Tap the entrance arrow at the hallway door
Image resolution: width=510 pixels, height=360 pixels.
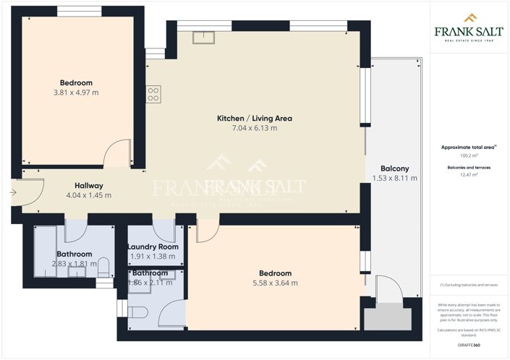pyautogui.click(x=12, y=192)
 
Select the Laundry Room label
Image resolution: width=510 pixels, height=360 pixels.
pyautogui.click(x=153, y=247)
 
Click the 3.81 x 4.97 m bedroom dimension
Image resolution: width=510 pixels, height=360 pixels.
pyautogui.click(x=76, y=93)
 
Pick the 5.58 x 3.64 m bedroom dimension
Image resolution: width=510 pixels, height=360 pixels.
pyautogui.click(x=276, y=283)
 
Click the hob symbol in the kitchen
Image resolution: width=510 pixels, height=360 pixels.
pyautogui.click(x=153, y=94)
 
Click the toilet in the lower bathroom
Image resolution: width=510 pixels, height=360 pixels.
pyautogui.click(x=139, y=312)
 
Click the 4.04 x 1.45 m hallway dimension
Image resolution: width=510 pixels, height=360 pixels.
pyautogui.click(x=89, y=195)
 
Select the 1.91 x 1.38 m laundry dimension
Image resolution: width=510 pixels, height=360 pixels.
pyautogui.click(x=153, y=257)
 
